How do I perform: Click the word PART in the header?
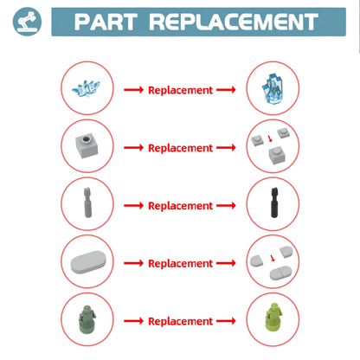pyautogui.click(x=106, y=22)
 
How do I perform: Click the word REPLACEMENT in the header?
pyautogui.click(x=234, y=22)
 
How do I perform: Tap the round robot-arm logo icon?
pyautogui.click(x=27, y=22)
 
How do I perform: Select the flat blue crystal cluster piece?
pyautogui.click(x=86, y=88)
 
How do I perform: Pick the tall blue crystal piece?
pyautogui.click(x=272, y=88)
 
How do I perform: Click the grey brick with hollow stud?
pyautogui.click(x=87, y=145)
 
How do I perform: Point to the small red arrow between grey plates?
pyautogui.click(x=270, y=138)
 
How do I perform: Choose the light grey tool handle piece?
pyautogui.click(x=87, y=202)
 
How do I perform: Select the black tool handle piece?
pyautogui.click(x=274, y=202)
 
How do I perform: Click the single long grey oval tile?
pyautogui.click(x=88, y=261)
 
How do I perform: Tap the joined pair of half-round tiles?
pyautogui.click(x=280, y=273)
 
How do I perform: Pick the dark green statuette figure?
pyautogui.click(x=87, y=319)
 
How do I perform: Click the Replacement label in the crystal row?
pyautogui.click(x=180, y=90)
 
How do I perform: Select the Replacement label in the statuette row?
pyautogui.click(x=180, y=321)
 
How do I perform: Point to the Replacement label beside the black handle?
pyautogui.click(x=180, y=206)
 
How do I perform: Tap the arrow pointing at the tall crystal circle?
pyautogui.click(x=226, y=90)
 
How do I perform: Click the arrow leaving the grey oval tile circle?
pyautogui.click(x=133, y=263)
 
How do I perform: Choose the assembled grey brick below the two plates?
pyautogui.click(x=277, y=155)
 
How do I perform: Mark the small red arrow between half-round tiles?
pyautogui.click(x=273, y=258)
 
